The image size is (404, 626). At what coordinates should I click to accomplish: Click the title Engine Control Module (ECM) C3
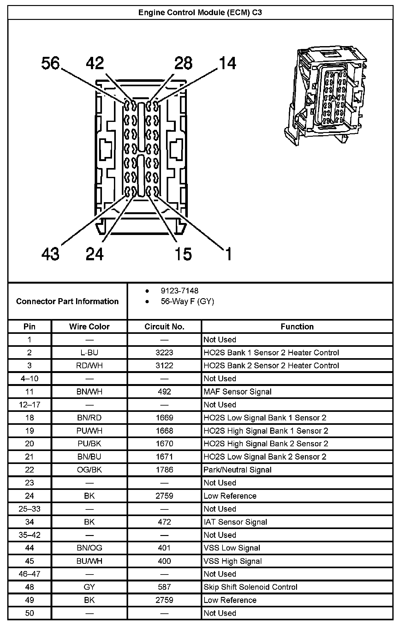pyautogui.click(x=200, y=12)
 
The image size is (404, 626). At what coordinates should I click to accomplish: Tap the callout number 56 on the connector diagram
pyautogui.click(x=50, y=63)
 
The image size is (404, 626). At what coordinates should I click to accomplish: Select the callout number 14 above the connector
pyautogui.click(x=227, y=63)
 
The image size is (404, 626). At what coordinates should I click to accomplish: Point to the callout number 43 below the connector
pyautogui.click(x=50, y=254)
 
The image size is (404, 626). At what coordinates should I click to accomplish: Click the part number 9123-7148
pyautogui.click(x=180, y=291)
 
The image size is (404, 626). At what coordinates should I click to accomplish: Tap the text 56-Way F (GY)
pyautogui.click(x=187, y=301)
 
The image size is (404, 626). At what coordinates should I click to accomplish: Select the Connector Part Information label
pyautogui.click(x=67, y=301)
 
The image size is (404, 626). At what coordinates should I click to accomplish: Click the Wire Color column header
pyautogui.click(x=89, y=327)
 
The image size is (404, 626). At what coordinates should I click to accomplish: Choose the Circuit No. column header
pyautogui.click(x=164, y=327)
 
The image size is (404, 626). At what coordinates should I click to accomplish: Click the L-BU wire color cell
pyautogui.click(x=89, y=352)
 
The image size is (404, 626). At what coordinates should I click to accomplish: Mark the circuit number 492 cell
pyautogui.click(x=164, y=392)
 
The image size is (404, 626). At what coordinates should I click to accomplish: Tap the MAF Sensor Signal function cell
pyautogui.click(x=237, y=392)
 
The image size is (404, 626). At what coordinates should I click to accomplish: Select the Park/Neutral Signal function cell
pyautogui.click(x=237, y=470)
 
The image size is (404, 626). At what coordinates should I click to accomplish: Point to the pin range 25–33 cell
pyautogui.click(x=29, y=509)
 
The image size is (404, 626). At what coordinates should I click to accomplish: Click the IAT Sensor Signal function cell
pyautogui.click(x=235, y=522)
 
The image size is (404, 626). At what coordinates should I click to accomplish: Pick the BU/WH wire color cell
pyautogui.click(x=89, y=561)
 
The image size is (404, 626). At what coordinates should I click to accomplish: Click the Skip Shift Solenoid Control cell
pyautogui.click(x=250, y=587)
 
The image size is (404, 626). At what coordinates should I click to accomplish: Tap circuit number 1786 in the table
pyautogui.click(x=164, y=470)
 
